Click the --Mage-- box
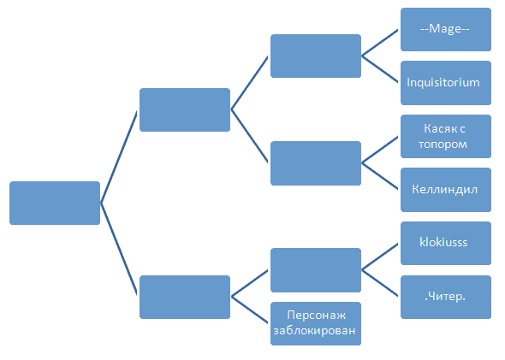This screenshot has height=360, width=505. (446, 29)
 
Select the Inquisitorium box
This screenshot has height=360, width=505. (446, 83)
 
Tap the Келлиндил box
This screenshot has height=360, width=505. (446, 190)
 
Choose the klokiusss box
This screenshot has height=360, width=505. (446, 243)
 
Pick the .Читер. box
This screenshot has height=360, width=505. (446, 297)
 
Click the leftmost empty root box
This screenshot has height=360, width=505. (55, 203)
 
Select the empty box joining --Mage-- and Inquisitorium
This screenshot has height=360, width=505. (316, 56)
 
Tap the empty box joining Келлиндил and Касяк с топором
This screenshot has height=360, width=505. (316, 163)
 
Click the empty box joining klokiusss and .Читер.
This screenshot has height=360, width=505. (316, 270)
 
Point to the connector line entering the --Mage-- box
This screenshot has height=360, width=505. (380, 43)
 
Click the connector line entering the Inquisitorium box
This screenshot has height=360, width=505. (380, 69)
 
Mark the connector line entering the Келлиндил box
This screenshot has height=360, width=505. (380, 176)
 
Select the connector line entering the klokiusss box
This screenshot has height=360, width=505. (380, 257)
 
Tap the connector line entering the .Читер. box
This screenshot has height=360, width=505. (380, 283)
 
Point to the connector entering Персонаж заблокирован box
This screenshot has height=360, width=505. (250, 310)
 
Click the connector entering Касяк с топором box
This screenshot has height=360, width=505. (380, 150)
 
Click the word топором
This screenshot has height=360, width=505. (443, 145)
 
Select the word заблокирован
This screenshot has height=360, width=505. (314, 331)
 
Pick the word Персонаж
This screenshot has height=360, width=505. (317, 316)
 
